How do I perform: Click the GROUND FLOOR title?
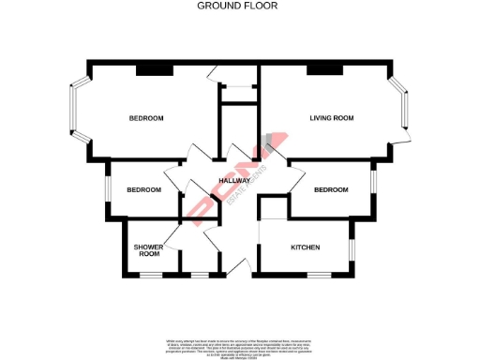pyautogui.click(x=237, y=6)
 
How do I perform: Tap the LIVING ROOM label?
pyautogui.click(x=331, y=118)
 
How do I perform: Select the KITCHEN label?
pyautogui.click(x=306, y=247)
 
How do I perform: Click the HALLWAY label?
pyautogui.click(x=233, y=181)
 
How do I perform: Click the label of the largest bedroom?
pyautogui.click(x=146, y=118)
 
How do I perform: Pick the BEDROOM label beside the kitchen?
pyautogui.click(x=331, y=190)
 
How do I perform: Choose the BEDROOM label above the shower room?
pyautogui.click(x=143, y=190)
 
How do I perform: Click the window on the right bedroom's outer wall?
pyautogui.click(x=373, y=180)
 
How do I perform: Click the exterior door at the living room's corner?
pyautogui.click(x=402, y=141)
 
